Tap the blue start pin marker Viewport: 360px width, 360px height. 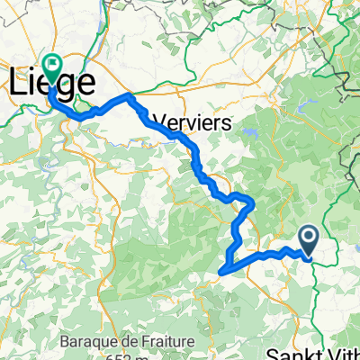pyautogui.click(x=309, y=238)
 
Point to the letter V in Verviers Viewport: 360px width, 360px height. pyautogui.click(x=161, y=121)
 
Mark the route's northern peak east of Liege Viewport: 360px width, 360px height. pyautogui.click(x=131, y=94)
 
